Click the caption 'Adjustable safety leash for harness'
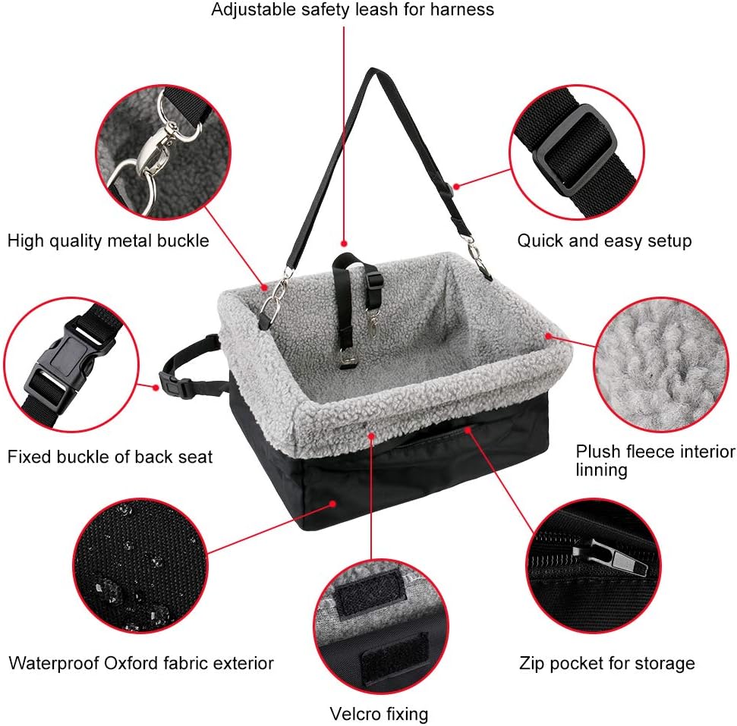coord(352,10)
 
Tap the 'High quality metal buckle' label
coord(108,241)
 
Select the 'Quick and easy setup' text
coord(604,241)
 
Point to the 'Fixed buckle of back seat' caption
coord(110,457)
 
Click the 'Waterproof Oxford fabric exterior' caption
coord(141,663)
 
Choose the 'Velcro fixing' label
coord(379,714)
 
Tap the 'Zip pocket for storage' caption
coord(606,664)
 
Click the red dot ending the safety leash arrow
coord(345,240)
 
